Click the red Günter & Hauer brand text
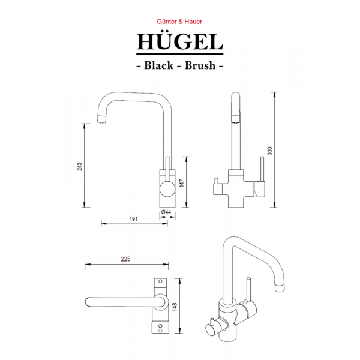click(180, 20)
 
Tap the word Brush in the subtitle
click(201, 65)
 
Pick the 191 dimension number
click(133, 220)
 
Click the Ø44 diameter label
click(166, 212)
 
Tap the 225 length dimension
click(125, 260)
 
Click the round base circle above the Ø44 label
click(167, 192)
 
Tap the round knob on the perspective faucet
click(211, 327)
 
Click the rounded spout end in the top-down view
click(89, 301)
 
